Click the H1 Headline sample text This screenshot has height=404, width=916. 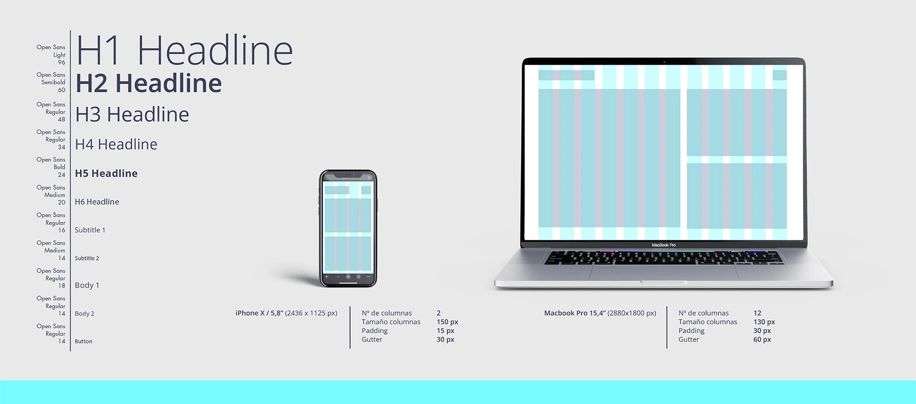point(184,50)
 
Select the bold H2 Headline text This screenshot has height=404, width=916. point(149,83)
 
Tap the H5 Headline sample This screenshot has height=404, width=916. point(106,173)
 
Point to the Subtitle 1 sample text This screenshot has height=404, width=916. point(90,230)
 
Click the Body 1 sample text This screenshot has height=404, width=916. point(87,285)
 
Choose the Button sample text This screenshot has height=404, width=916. point(83,341)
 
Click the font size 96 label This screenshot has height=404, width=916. point(61,62)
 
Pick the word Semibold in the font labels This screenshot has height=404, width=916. point(53,82)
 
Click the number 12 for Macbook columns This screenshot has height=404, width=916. point(757,313)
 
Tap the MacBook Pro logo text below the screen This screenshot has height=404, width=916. point(664,245)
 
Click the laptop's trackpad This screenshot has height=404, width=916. point(663,273)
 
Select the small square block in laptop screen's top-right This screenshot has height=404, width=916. point(779,75)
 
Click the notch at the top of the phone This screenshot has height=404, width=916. point(348,176)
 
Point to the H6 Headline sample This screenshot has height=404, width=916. point(97,202)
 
